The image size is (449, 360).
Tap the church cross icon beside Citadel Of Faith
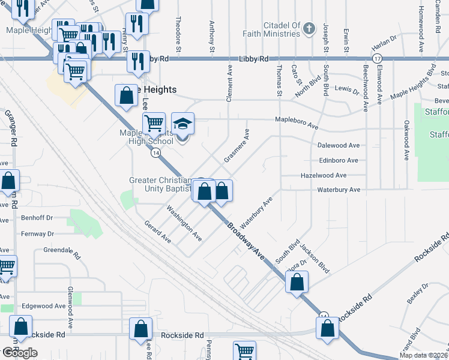tap(309, 28)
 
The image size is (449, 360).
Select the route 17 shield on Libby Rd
tap(376, 58)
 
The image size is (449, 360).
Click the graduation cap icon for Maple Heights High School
tap(183, 124)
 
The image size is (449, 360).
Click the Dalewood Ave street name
tap(338, 145)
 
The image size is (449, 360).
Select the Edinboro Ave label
tap(338, 160)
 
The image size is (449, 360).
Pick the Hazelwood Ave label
tap(324, 175)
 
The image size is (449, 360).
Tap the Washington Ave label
tap(184, 223)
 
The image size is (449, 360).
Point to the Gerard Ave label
tap(158, 232)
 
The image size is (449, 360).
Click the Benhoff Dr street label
tap(37, 218)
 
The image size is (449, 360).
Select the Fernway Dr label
tap(38, 233)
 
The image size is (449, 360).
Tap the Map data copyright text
tap(423, 355)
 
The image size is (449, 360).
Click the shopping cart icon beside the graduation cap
tap(154, 124)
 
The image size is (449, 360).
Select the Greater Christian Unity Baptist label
tap(161, 185)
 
